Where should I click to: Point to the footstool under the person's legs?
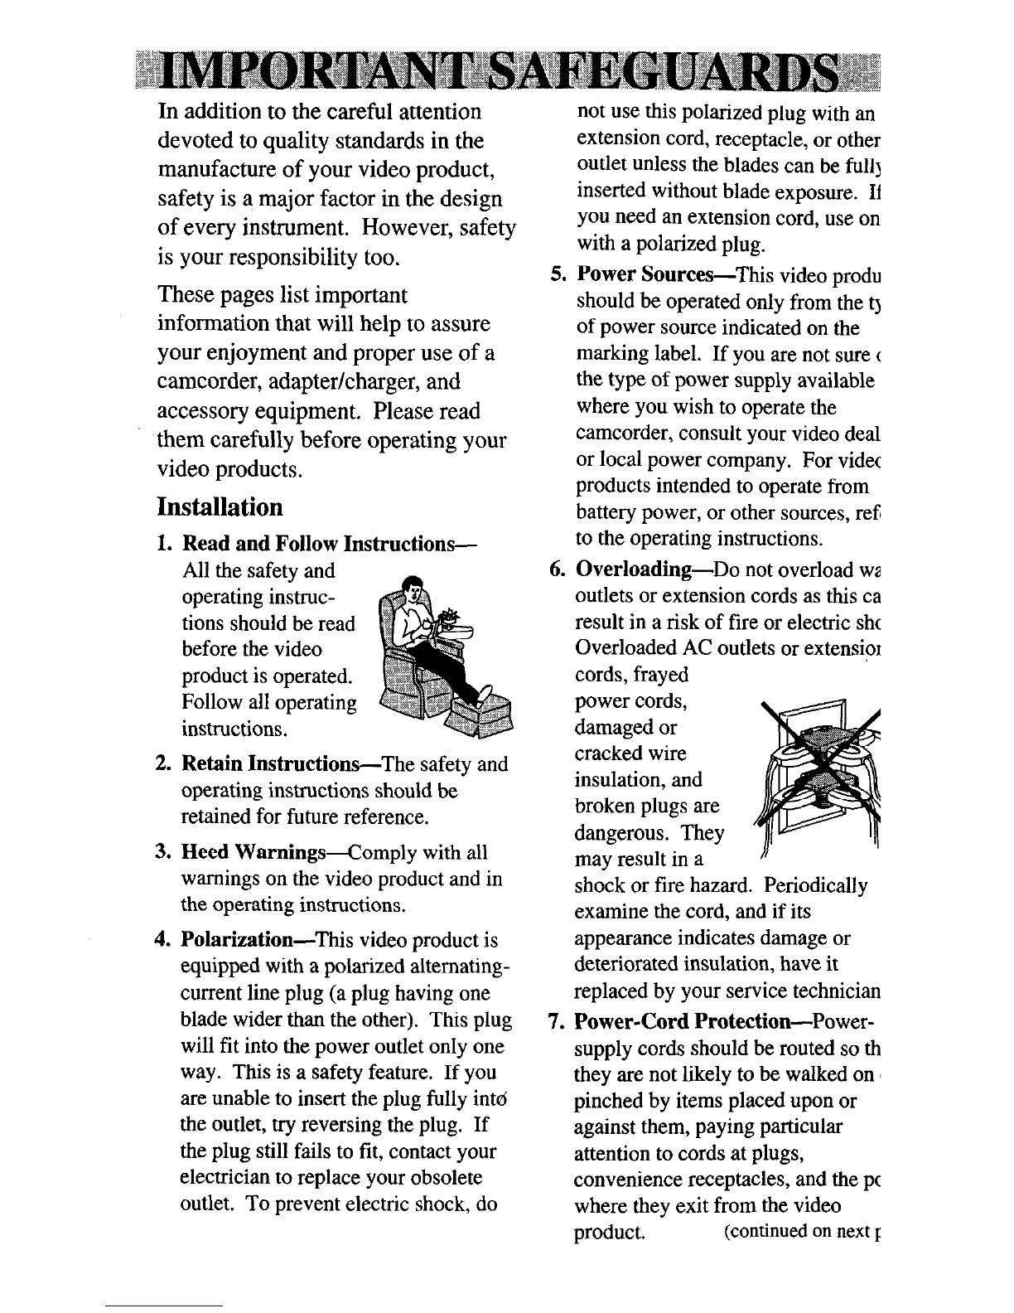point(480,719)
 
